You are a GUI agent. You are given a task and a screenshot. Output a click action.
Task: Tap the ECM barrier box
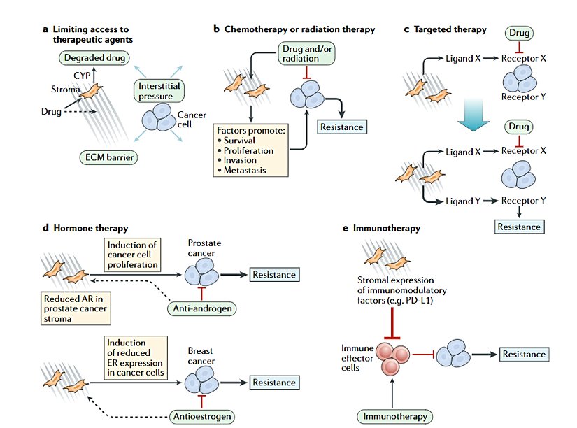click(106, 157)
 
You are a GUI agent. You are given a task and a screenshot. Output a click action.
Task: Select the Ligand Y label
click(463, 201)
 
